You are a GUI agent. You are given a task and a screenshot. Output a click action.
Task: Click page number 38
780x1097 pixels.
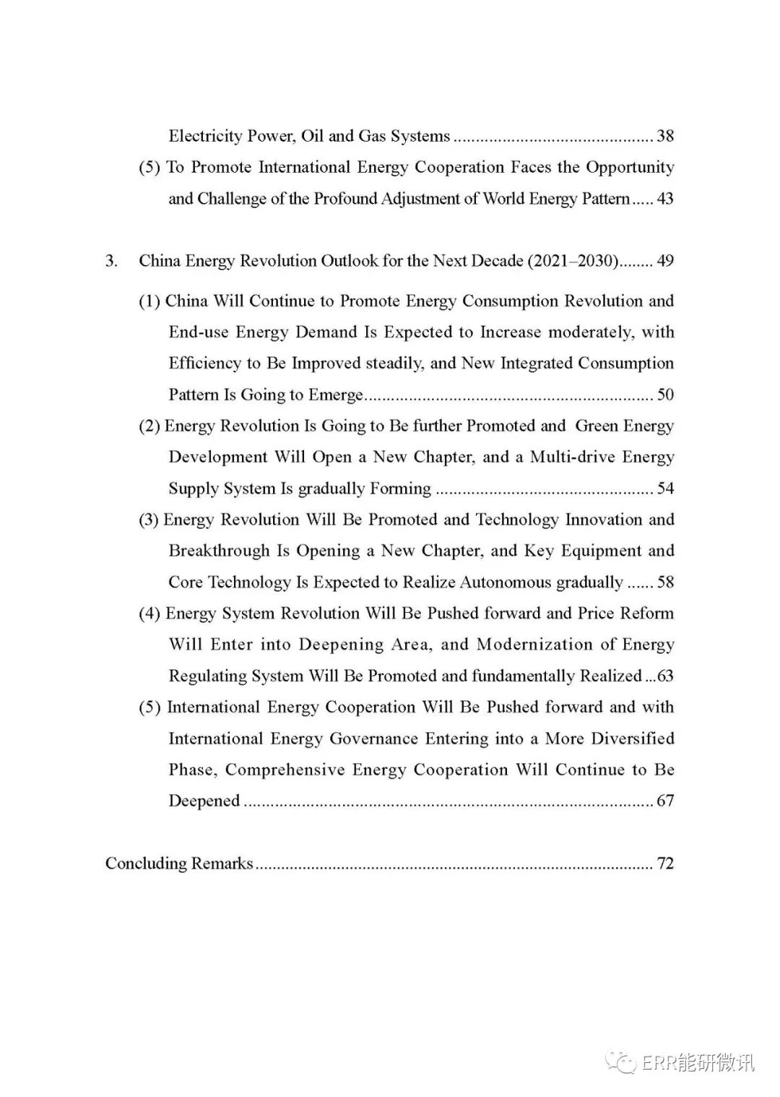click(665, 136)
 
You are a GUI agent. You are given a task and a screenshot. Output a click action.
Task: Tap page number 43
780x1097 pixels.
click(665, 199)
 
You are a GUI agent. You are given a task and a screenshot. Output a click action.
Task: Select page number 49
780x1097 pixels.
click(665, 261)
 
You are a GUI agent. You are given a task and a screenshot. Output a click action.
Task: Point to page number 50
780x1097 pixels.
click(665, 395)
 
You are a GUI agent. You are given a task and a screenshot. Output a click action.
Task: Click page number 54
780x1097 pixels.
click(665, 489)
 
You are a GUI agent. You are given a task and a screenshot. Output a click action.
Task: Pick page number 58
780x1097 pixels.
click(665, 582)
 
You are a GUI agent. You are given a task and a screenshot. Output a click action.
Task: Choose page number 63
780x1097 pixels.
click(665, 676)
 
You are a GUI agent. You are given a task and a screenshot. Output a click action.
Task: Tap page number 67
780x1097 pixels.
click(665, 801)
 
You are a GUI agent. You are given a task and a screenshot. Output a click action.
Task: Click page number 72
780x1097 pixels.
click(665, 864)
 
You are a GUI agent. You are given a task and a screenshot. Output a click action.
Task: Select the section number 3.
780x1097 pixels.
click(111, 261)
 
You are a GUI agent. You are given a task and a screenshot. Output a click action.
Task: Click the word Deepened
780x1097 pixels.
click(204, 801)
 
